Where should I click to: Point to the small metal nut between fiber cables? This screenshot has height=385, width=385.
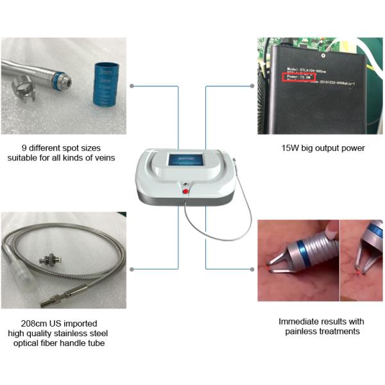[47, 260]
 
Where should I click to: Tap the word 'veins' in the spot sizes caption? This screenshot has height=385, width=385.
[103, 158]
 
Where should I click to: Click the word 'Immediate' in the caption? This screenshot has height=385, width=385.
[300, 321]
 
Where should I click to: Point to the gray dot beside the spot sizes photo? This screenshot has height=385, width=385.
[132, 85]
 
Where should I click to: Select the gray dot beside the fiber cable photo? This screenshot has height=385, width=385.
[132, 268]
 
